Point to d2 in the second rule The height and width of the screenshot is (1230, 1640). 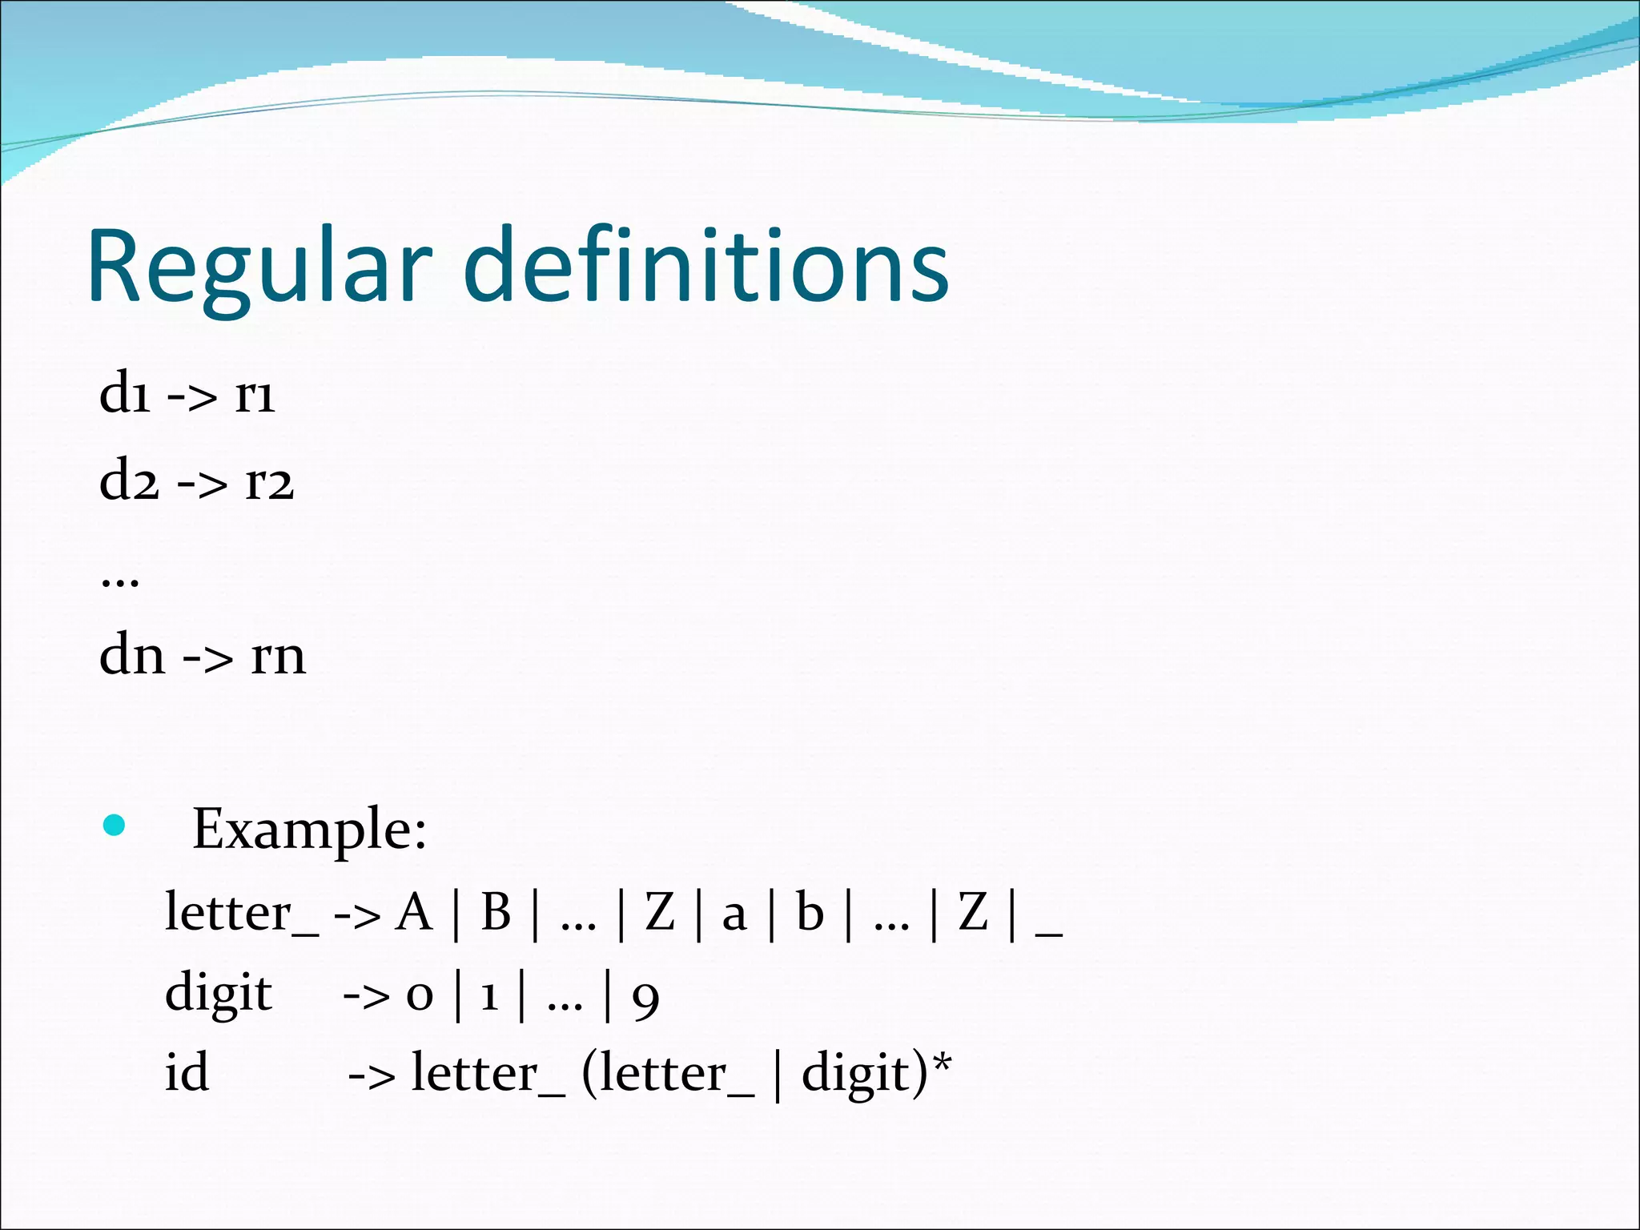pos(129,481)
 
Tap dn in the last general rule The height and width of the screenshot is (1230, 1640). pos(132,655)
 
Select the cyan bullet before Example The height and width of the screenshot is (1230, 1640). pos(115,825)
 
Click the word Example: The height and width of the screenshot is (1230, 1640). pos(309,829)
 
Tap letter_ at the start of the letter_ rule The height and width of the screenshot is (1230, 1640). pos(241,913)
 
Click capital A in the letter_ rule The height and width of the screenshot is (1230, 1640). pos(414,913)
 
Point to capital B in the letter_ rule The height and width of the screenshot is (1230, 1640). pos(496,913)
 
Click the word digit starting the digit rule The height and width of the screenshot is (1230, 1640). pos(219,994)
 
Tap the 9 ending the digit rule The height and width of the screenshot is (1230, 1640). pos(645,999)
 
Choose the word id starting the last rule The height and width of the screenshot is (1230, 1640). pos(187,1073)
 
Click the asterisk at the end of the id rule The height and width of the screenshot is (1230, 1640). pos(943,1063)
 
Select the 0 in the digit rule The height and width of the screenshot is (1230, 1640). pos(420,998)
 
